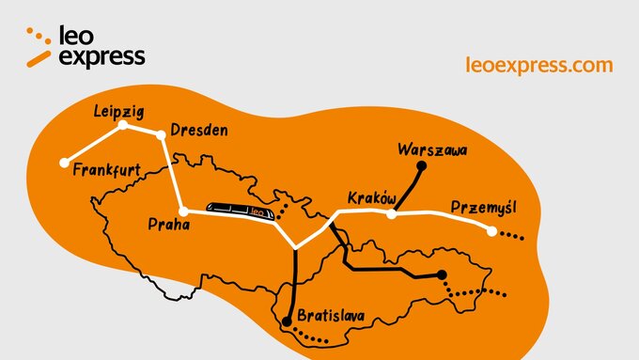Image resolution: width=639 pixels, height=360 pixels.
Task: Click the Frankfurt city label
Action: point(106,170)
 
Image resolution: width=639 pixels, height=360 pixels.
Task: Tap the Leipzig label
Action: point(119,112)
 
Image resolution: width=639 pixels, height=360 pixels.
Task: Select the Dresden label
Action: point(198,131)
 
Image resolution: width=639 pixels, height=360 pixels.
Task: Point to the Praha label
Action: point(169,225)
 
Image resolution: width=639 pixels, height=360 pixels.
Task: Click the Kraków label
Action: point(373,198)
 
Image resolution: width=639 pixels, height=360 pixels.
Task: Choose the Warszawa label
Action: point(432,149)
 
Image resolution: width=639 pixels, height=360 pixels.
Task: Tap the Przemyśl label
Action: point(483,207)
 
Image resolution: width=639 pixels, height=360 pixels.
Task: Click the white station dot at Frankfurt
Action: point(64,162)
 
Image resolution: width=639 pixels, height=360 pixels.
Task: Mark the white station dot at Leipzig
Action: point(122,124)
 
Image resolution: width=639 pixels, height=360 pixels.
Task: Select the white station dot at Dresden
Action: point(161,135)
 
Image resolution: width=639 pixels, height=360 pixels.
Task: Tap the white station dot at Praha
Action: point(184,211)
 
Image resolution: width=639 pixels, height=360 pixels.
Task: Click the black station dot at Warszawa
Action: point(421,167)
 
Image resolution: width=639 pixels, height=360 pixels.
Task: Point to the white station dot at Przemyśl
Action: point(491,231)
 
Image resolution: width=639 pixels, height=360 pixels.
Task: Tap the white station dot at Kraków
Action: point(392,214)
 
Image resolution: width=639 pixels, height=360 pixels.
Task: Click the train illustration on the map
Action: point(242,211)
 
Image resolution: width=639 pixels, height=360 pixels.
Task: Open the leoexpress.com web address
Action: point(539,65)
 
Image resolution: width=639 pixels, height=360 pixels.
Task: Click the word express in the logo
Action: point(102,57)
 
